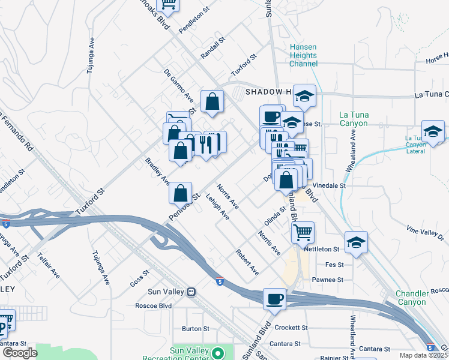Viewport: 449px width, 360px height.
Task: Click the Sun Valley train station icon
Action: click(x=191, y=292)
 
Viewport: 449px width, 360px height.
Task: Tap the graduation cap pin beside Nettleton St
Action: click(x=356, y=243)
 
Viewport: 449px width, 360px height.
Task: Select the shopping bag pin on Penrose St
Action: click(x=180, y=193)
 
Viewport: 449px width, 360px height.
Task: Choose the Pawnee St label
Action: click(x=327, y=280)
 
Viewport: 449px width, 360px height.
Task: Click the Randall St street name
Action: click(x=212, y=47)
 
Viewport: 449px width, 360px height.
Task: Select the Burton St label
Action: click(x=195, y=329)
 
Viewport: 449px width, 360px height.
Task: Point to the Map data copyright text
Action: click(x=424, y=355)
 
